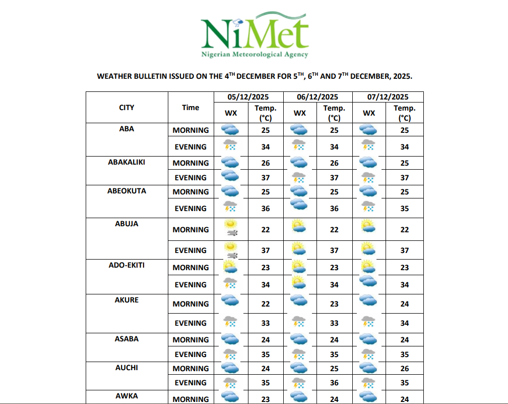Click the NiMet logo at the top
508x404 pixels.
tap(255, 33)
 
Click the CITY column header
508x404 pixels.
tap(126, 108)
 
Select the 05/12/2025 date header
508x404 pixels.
tap(248, 97)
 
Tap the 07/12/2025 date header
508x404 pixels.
tap(388, 97)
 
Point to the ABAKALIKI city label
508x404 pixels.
tap(126, 162)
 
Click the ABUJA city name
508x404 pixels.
tap(126, 224)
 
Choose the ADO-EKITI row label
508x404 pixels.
tap(126, 265)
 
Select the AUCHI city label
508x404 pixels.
tap(126, 368)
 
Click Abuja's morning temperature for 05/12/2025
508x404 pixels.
tap(266, 230)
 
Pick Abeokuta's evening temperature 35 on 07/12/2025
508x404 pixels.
tap(404, 209)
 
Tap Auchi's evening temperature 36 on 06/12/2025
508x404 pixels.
tap(334, 383)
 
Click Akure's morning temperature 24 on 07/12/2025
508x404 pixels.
tap(404, 304)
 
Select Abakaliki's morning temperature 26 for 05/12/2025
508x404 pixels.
tap(266, 163)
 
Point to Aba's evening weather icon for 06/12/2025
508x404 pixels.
tap(299, 146)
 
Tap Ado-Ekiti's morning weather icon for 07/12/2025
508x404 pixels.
tap(368, 266)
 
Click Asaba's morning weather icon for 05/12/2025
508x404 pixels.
tap(230, 339)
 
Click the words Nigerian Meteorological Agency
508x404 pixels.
tap(255, 55)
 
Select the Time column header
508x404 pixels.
tap(190, 108)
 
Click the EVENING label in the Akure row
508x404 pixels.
tap(190, 323)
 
